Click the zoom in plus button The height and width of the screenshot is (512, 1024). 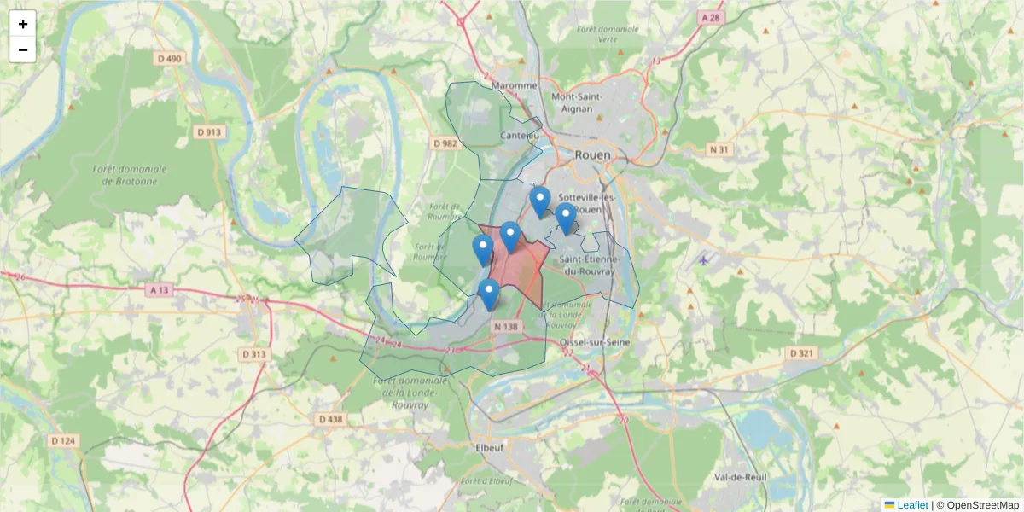click(23, 24)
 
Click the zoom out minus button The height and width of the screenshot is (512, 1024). click(23, 49)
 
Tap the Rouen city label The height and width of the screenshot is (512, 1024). click(594, 155)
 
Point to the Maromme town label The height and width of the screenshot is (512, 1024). click(515, 85)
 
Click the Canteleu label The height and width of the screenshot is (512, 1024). click(521, 135)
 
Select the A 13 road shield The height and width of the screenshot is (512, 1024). click(160, 290)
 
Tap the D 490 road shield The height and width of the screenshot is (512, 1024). click(170, 58)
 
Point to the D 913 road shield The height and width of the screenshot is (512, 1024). click(208, 132)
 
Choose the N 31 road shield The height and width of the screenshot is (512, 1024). click(721, 150)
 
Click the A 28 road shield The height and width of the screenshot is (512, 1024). click(710, 18)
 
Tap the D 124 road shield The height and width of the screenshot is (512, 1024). click(63, 440)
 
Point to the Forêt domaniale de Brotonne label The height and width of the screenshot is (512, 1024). click(130, 175)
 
